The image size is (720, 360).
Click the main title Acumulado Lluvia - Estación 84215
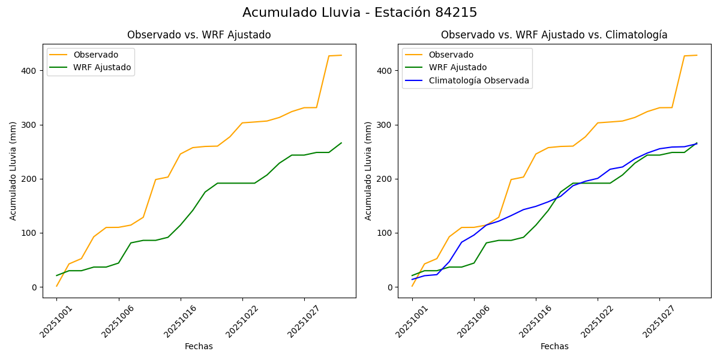click(x=360, y=13)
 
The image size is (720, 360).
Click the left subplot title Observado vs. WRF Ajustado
click(x=199, y=35)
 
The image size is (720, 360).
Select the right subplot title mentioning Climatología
click(x=554, y=35)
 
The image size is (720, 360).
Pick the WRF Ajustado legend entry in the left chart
click(x=102, y=67)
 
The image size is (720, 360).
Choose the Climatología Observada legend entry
click(x=479, y=80)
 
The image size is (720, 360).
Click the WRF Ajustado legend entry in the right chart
click(x=457, y=67)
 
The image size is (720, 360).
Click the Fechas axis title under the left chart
click(x=199, y=346)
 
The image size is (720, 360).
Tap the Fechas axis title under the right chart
click(x=554, y=346)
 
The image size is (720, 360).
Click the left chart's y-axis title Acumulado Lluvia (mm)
click(x=13, y=170)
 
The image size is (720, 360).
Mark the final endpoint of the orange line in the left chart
click(x=341, y=55)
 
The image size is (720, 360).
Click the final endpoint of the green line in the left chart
click(x=341, y=143)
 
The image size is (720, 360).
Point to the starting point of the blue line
click(x=412, y=280)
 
